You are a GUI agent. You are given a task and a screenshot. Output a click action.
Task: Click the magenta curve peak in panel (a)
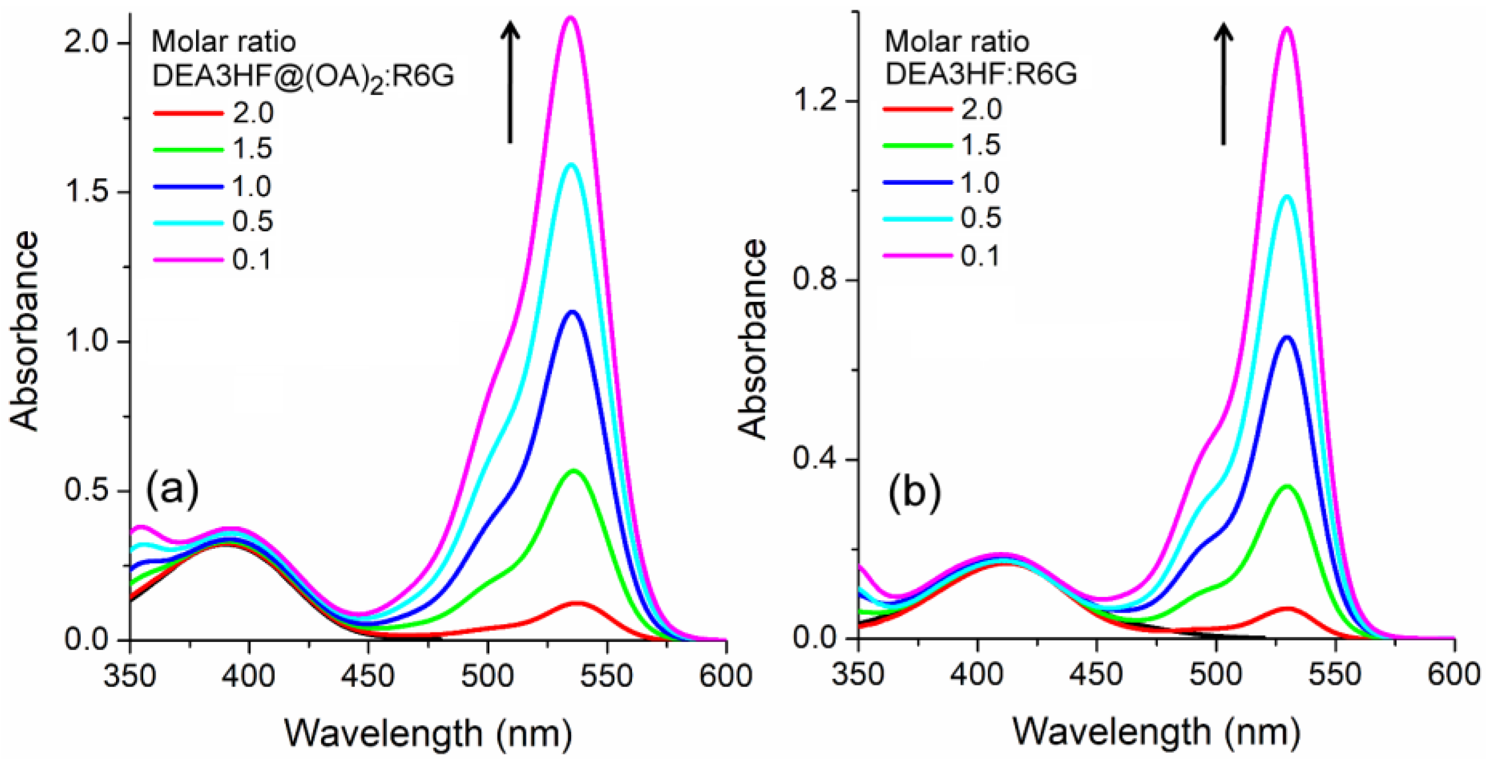570,17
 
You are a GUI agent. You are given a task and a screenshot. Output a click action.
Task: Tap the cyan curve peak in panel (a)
572,164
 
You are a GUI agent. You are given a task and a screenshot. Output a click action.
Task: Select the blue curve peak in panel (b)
1287,337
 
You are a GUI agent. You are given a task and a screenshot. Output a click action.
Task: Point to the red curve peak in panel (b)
1287,609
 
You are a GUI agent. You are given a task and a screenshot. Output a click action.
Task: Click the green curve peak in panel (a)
574,471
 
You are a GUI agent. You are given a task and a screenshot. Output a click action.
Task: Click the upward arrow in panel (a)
510,81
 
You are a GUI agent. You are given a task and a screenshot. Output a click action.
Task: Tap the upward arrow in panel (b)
1223,84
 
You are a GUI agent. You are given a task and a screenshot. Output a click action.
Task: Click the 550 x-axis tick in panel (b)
1335,675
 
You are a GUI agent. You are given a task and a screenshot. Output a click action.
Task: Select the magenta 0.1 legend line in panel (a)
188,260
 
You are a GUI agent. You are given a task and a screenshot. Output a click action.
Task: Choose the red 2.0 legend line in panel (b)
918,109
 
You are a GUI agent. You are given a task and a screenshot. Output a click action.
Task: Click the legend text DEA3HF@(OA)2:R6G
303,76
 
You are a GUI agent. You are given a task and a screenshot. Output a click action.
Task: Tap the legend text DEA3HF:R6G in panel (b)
981,74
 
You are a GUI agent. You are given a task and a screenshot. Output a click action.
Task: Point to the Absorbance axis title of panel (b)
753,340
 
